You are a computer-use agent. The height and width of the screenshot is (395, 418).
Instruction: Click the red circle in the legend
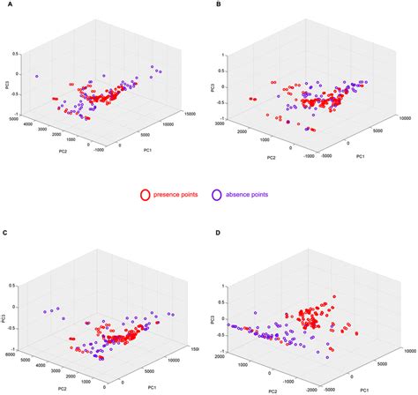pyautogui.click(x=147, y=192)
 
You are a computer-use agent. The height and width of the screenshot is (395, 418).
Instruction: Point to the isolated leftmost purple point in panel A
pyautogui.click(x=37, y=77)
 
